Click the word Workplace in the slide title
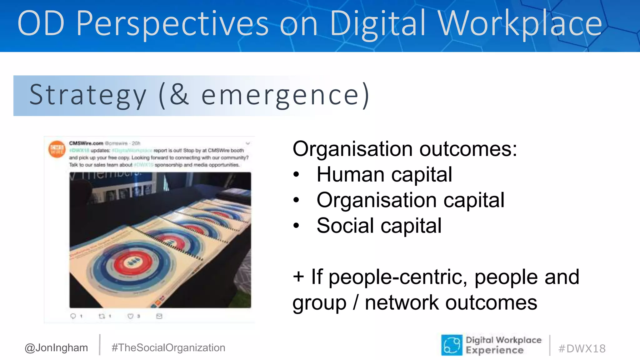point(520,24)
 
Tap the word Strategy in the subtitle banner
point(88,95)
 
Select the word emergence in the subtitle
point(280,95)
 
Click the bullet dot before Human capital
point(296,175)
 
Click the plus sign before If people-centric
point(298,277)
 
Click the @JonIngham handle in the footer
point(56,347)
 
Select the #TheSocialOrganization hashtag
point(168,347)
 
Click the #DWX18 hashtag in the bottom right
point(582,348)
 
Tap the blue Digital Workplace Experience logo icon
point(452,345)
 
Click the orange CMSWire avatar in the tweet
point(57,149)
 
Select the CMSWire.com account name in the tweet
point(86,143)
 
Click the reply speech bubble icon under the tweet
point(73,316)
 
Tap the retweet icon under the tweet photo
point(102,316)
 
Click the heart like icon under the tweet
point(130,316)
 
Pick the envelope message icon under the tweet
point(159,316)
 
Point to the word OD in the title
point(41,24)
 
